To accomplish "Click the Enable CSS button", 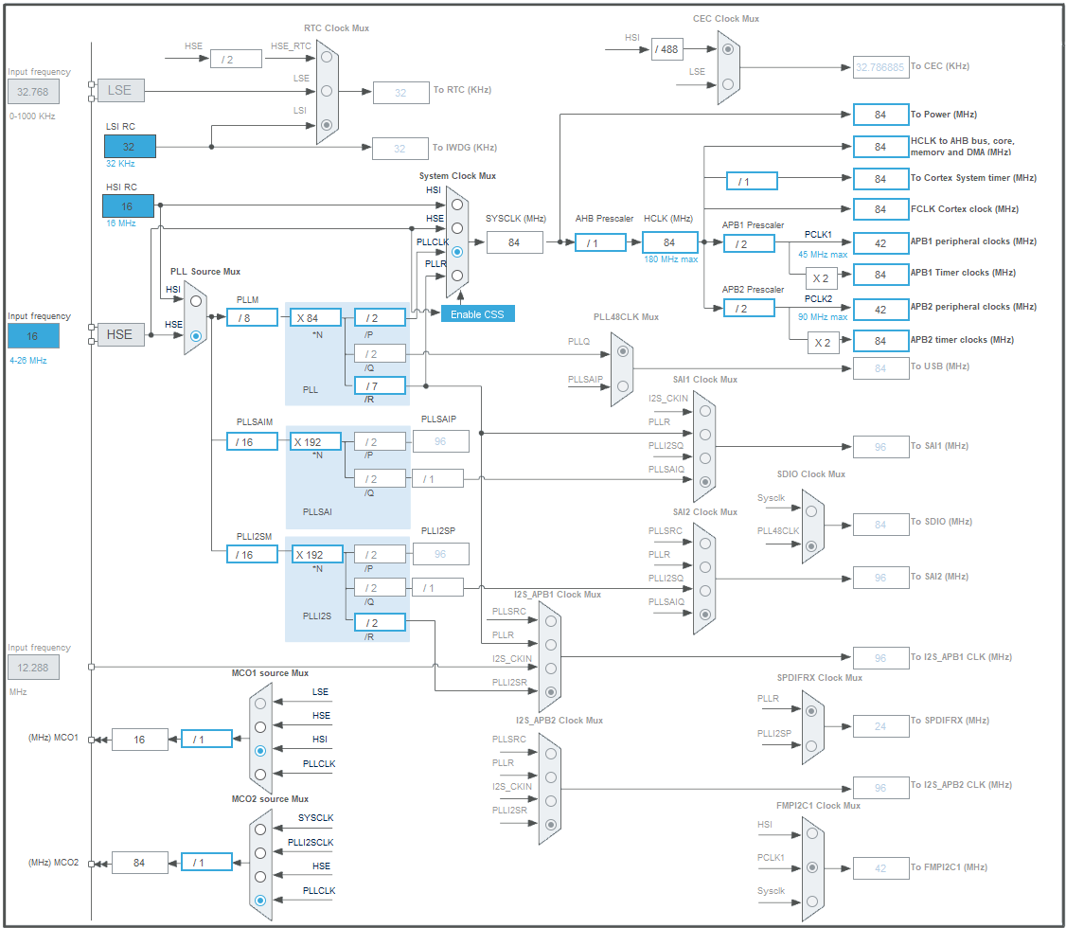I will click(x=478, y=313).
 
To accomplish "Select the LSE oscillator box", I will click(x=120, y=91).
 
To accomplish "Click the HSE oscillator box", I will click(x=120, y=334).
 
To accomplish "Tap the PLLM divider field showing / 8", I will click(x=252, y=317).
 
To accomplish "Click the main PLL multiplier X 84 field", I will click(x=316, y=317).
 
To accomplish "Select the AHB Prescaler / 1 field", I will click(x=600, y=242).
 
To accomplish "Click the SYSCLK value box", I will click(x=515, y=242).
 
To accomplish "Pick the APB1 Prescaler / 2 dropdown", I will click(x=749, y=243).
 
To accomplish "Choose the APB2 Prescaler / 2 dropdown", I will click(x=749, y=308).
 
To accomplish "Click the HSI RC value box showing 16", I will click(x=128, y=205).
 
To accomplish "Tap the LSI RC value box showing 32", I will click(x=130, y=146).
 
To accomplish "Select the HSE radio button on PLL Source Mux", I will click(x=195, y=335).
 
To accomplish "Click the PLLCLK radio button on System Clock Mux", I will click(x=457, y=252).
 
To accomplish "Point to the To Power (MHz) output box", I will click(x=880, y=115).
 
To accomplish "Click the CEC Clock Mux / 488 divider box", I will click(x=667, y=49).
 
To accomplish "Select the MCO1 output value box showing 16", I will click(x=140, y=740).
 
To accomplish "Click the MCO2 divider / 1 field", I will click(x=206, y=862).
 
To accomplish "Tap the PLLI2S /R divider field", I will click(x=379, y=622).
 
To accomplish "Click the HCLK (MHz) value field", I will click(x=669, y=242).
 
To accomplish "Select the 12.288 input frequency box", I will click(x=33, y=668).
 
